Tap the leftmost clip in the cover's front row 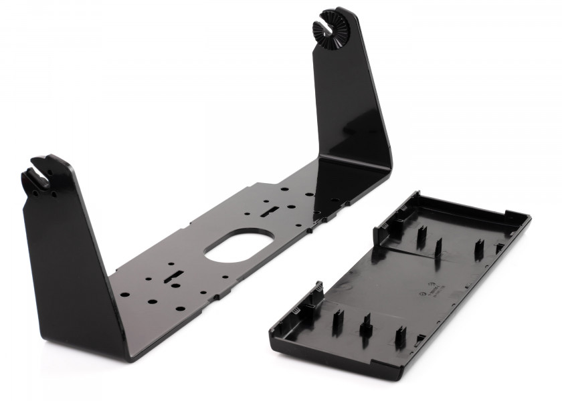[335, 321]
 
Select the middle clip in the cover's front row [365, 325]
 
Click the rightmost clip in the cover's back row [479, 250]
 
